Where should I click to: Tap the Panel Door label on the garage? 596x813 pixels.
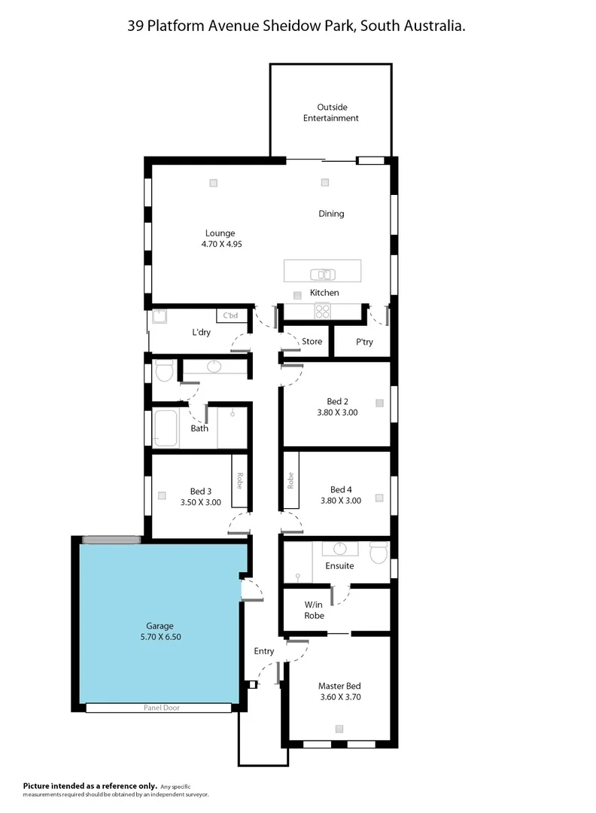[x=162, y=708]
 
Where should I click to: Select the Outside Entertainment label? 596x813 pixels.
[x=330, y=113]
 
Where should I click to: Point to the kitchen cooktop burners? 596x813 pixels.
[x=322, y=311]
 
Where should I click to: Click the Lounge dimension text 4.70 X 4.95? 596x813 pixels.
[x=220, y=244]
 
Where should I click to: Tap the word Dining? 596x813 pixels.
[x=331, y=214]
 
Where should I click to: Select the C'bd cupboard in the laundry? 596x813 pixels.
[x=231, y=315]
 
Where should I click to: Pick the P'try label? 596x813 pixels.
[x=364, y=342]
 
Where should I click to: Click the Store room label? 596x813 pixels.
[x=312, y=342]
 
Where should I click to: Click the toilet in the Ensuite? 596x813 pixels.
[x=379, y=553]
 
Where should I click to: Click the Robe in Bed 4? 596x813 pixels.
[x=290, y=481]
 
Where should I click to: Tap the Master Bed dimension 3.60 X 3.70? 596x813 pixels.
[x=339, y=697]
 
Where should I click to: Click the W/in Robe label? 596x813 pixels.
[x=315, y=610]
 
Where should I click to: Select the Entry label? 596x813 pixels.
[x=264, y=651]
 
